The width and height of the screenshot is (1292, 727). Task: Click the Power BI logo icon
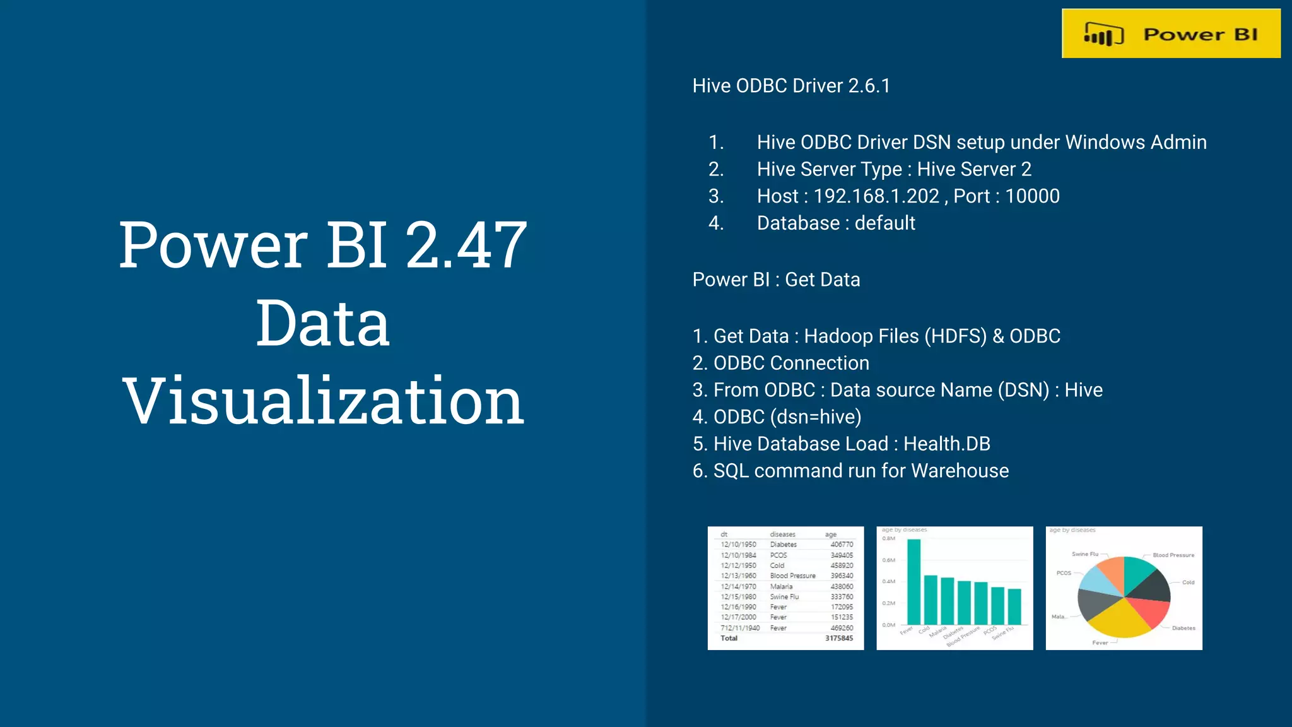coord(1103,35)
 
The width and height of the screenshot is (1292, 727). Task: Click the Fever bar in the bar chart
coord(913,581)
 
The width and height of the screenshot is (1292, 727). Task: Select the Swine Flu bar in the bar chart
coord(1014,606)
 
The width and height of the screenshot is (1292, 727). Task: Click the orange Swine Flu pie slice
coord(1112,571)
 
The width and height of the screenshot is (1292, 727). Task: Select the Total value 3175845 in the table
coord(838,639)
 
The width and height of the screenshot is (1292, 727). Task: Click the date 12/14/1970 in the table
coord(738,587)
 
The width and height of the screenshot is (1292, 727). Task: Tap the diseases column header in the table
coord(782,535)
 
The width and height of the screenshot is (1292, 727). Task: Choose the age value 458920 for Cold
coord(842,566)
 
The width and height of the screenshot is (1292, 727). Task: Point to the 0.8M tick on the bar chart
coord(888,539)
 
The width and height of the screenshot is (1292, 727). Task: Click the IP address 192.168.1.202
coord(876,196)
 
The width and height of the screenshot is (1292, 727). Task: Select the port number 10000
coord(1032,196)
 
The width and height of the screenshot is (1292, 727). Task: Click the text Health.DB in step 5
coord(946,444)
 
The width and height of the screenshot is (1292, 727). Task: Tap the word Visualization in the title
coord(323,401)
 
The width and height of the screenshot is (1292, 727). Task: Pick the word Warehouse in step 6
coord(960,471)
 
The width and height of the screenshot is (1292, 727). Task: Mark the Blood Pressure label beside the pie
coord(1173,555)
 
